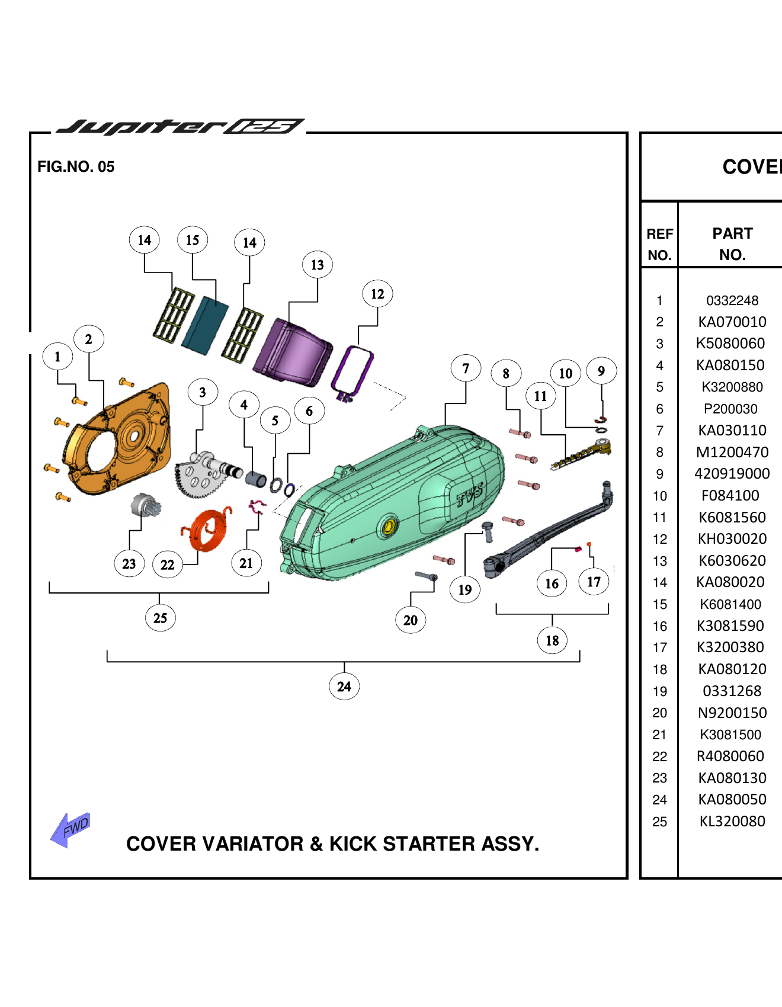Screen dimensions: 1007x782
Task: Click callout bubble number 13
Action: coord(318,265)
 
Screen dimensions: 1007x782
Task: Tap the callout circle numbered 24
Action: coord(344,687)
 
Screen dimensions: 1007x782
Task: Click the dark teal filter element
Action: coord(204,325)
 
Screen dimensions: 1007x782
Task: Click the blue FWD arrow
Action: coord(70,829)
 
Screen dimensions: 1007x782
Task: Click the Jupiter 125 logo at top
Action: coord(181,126)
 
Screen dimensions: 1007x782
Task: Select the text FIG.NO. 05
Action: coord(76,167)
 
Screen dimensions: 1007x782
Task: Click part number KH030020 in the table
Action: coord(732,539)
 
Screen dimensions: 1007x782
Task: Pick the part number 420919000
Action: coord(732,474)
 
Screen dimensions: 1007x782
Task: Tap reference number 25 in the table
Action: coord(659,822)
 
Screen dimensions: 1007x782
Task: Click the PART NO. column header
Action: coord(732,243)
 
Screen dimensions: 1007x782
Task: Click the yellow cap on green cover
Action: coord(389,527)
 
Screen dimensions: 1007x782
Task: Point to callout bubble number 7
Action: coord(466,369)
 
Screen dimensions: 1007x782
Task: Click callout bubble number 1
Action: coord(57,357)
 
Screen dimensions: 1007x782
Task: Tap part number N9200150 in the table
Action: coord(732,713)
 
